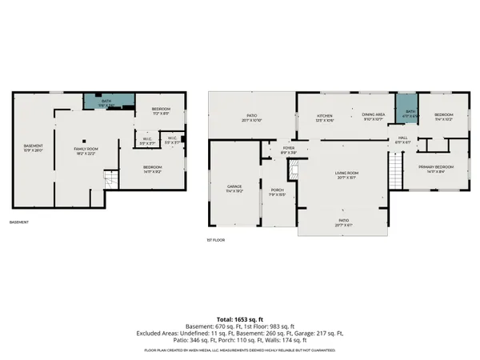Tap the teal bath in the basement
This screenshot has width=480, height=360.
106,102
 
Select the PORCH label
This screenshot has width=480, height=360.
278,192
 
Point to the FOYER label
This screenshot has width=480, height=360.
288,150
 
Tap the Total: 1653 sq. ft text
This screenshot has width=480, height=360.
240,318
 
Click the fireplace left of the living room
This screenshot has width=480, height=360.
294,169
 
